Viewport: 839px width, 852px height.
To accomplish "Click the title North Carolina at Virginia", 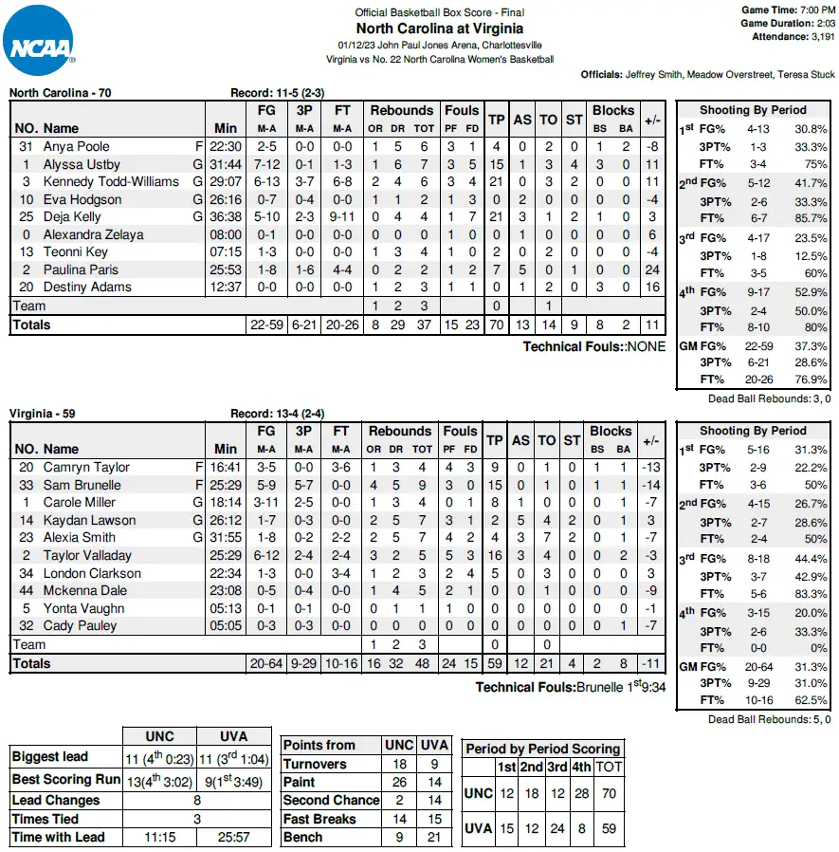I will click(x=440, y=28).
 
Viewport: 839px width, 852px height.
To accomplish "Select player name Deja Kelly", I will click(x=72, y=217).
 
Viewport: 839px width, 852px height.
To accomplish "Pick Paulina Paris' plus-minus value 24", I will click(x=651, y=269).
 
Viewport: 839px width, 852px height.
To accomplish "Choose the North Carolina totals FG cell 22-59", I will click(x=265, y=324).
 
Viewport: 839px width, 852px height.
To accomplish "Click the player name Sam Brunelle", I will click(x=82, y=485).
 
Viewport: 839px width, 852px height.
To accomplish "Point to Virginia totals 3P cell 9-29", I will click(x=304, y=663).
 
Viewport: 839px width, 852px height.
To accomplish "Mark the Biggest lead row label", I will click(x=50, y=757).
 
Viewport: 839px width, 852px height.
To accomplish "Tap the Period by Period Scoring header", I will click(x=543, y=748).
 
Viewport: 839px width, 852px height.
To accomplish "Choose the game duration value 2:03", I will click(x=823, y=23).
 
